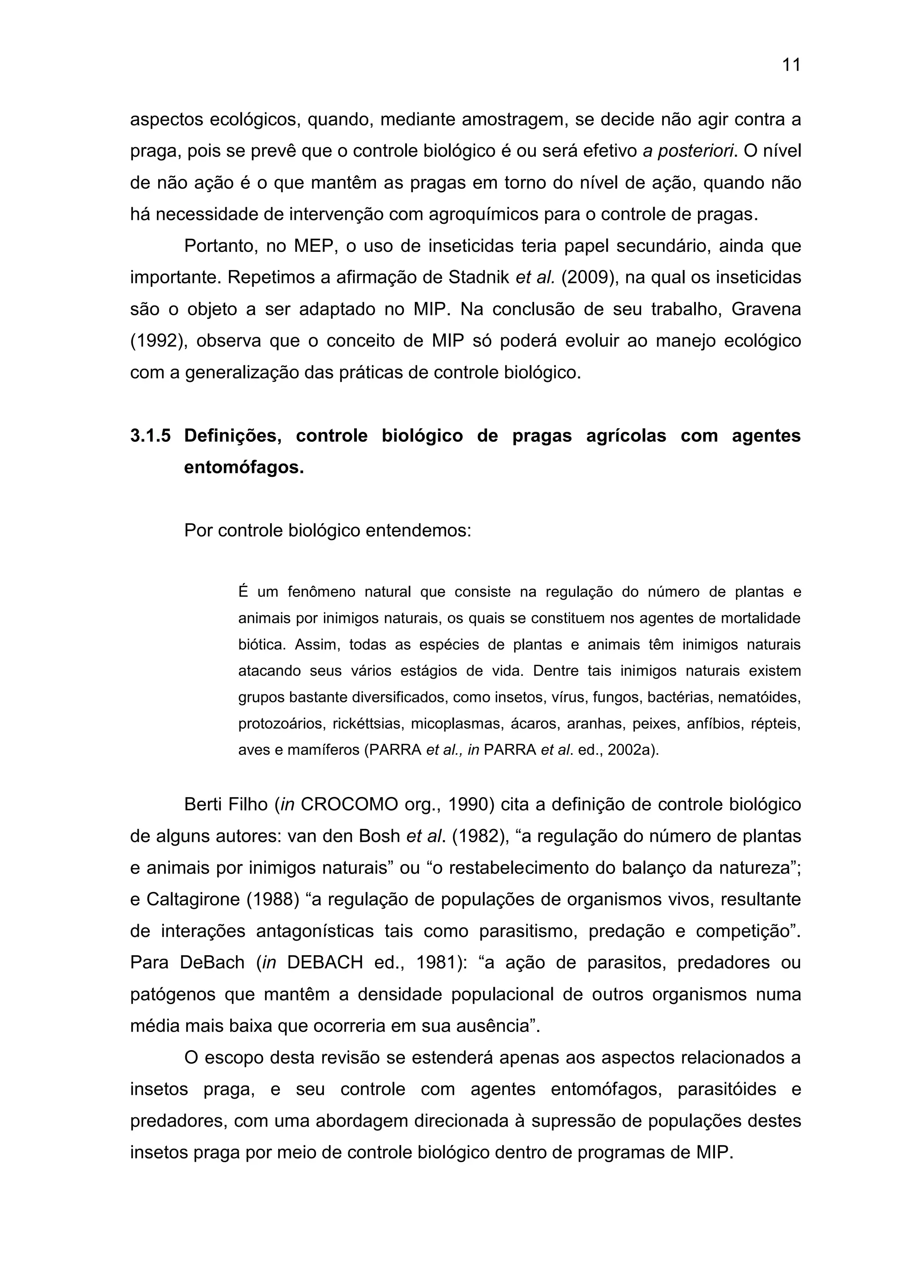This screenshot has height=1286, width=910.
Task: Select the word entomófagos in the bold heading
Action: [x=243, y=467]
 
